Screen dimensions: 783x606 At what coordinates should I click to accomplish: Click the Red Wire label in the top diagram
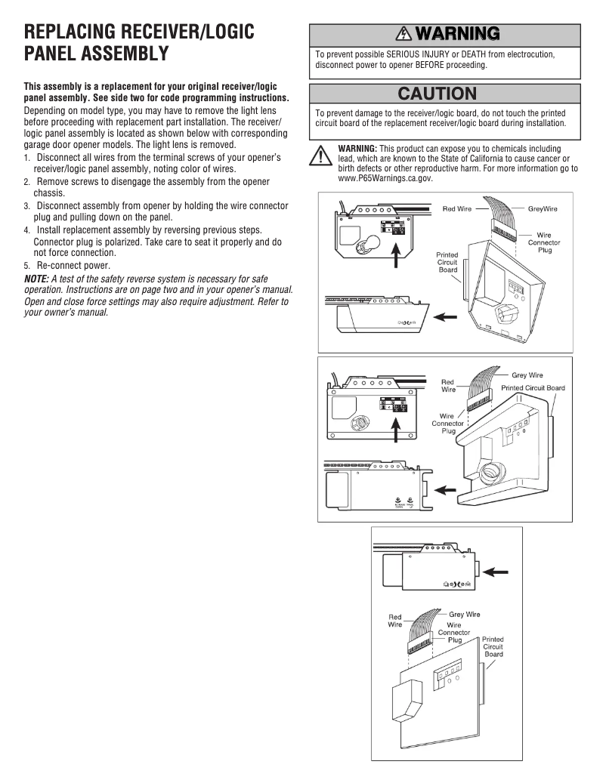point(458,208)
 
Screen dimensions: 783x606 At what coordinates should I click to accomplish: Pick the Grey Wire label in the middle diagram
point(527,375)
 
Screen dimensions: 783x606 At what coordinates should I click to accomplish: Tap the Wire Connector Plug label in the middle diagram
point(448,423)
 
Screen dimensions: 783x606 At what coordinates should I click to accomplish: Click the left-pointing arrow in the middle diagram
point(446,489)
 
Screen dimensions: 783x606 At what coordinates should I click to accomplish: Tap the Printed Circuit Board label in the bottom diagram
point(493,646)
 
